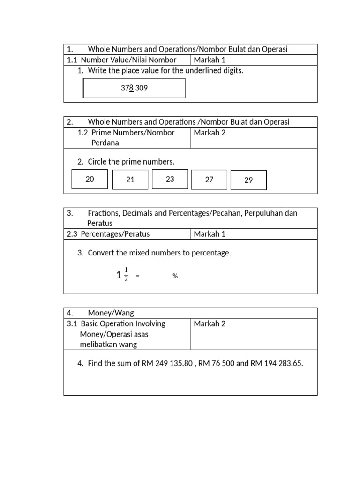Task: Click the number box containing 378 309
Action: coord(134,88)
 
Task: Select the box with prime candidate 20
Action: coord(90,179)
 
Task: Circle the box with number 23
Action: coord(170,179)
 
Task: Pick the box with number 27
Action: coord(209,180)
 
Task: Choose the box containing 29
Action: coord(248,180)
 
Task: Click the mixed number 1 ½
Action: coord(122,276)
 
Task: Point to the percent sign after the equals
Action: coord(175,277)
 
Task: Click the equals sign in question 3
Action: coord(137,277)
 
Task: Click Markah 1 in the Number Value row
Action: coord(210,60)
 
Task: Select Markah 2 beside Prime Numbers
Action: coord(210,132)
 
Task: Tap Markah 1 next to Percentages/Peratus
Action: coord(210,234)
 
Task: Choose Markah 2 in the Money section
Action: coord(210,323)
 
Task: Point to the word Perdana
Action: coord(105,142)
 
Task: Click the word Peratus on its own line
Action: coord(100,223)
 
